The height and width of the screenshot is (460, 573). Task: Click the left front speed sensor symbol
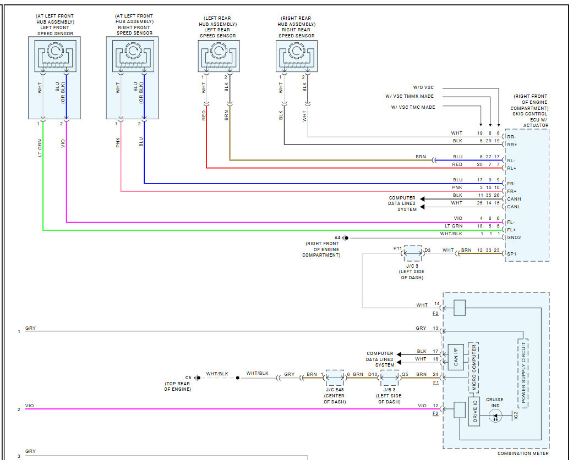click(55, 56)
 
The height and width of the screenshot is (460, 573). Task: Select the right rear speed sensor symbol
click(296, 56)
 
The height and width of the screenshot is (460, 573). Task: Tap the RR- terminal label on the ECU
click(511, 137)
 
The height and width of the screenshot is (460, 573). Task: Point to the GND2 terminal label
click(514, 237)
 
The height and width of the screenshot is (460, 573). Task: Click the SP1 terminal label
click(512, 254)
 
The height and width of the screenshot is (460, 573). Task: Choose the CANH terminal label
click(514, 199)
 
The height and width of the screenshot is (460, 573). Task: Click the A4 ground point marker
click(346, 238)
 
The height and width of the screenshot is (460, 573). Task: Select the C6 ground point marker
click(198, 378)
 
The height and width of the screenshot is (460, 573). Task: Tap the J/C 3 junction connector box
click(413, 253)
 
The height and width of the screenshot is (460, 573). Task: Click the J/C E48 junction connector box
click(335, 378)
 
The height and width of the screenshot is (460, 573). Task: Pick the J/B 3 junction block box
click(389, 378)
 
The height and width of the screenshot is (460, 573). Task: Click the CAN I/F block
click(456, 357)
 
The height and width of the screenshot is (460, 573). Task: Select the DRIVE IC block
click(474, 412)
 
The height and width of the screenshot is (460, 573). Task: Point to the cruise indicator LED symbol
click(495, 415)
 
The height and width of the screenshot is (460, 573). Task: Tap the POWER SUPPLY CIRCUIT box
click(523, 373)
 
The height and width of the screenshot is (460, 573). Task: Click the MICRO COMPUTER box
click(473, 368)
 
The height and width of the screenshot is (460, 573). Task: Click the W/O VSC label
click(423, 87)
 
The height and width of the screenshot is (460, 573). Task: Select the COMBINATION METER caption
click(523, 453)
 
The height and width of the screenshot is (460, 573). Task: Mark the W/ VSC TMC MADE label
click(413, 107)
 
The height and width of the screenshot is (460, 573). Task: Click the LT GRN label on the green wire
click(40, 148)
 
